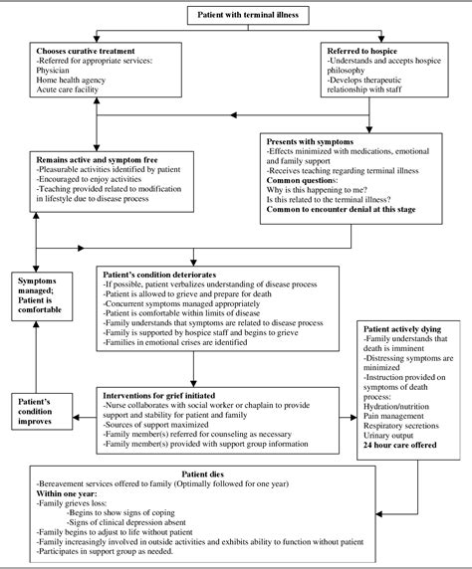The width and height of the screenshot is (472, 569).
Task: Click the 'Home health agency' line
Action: [72, 80]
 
